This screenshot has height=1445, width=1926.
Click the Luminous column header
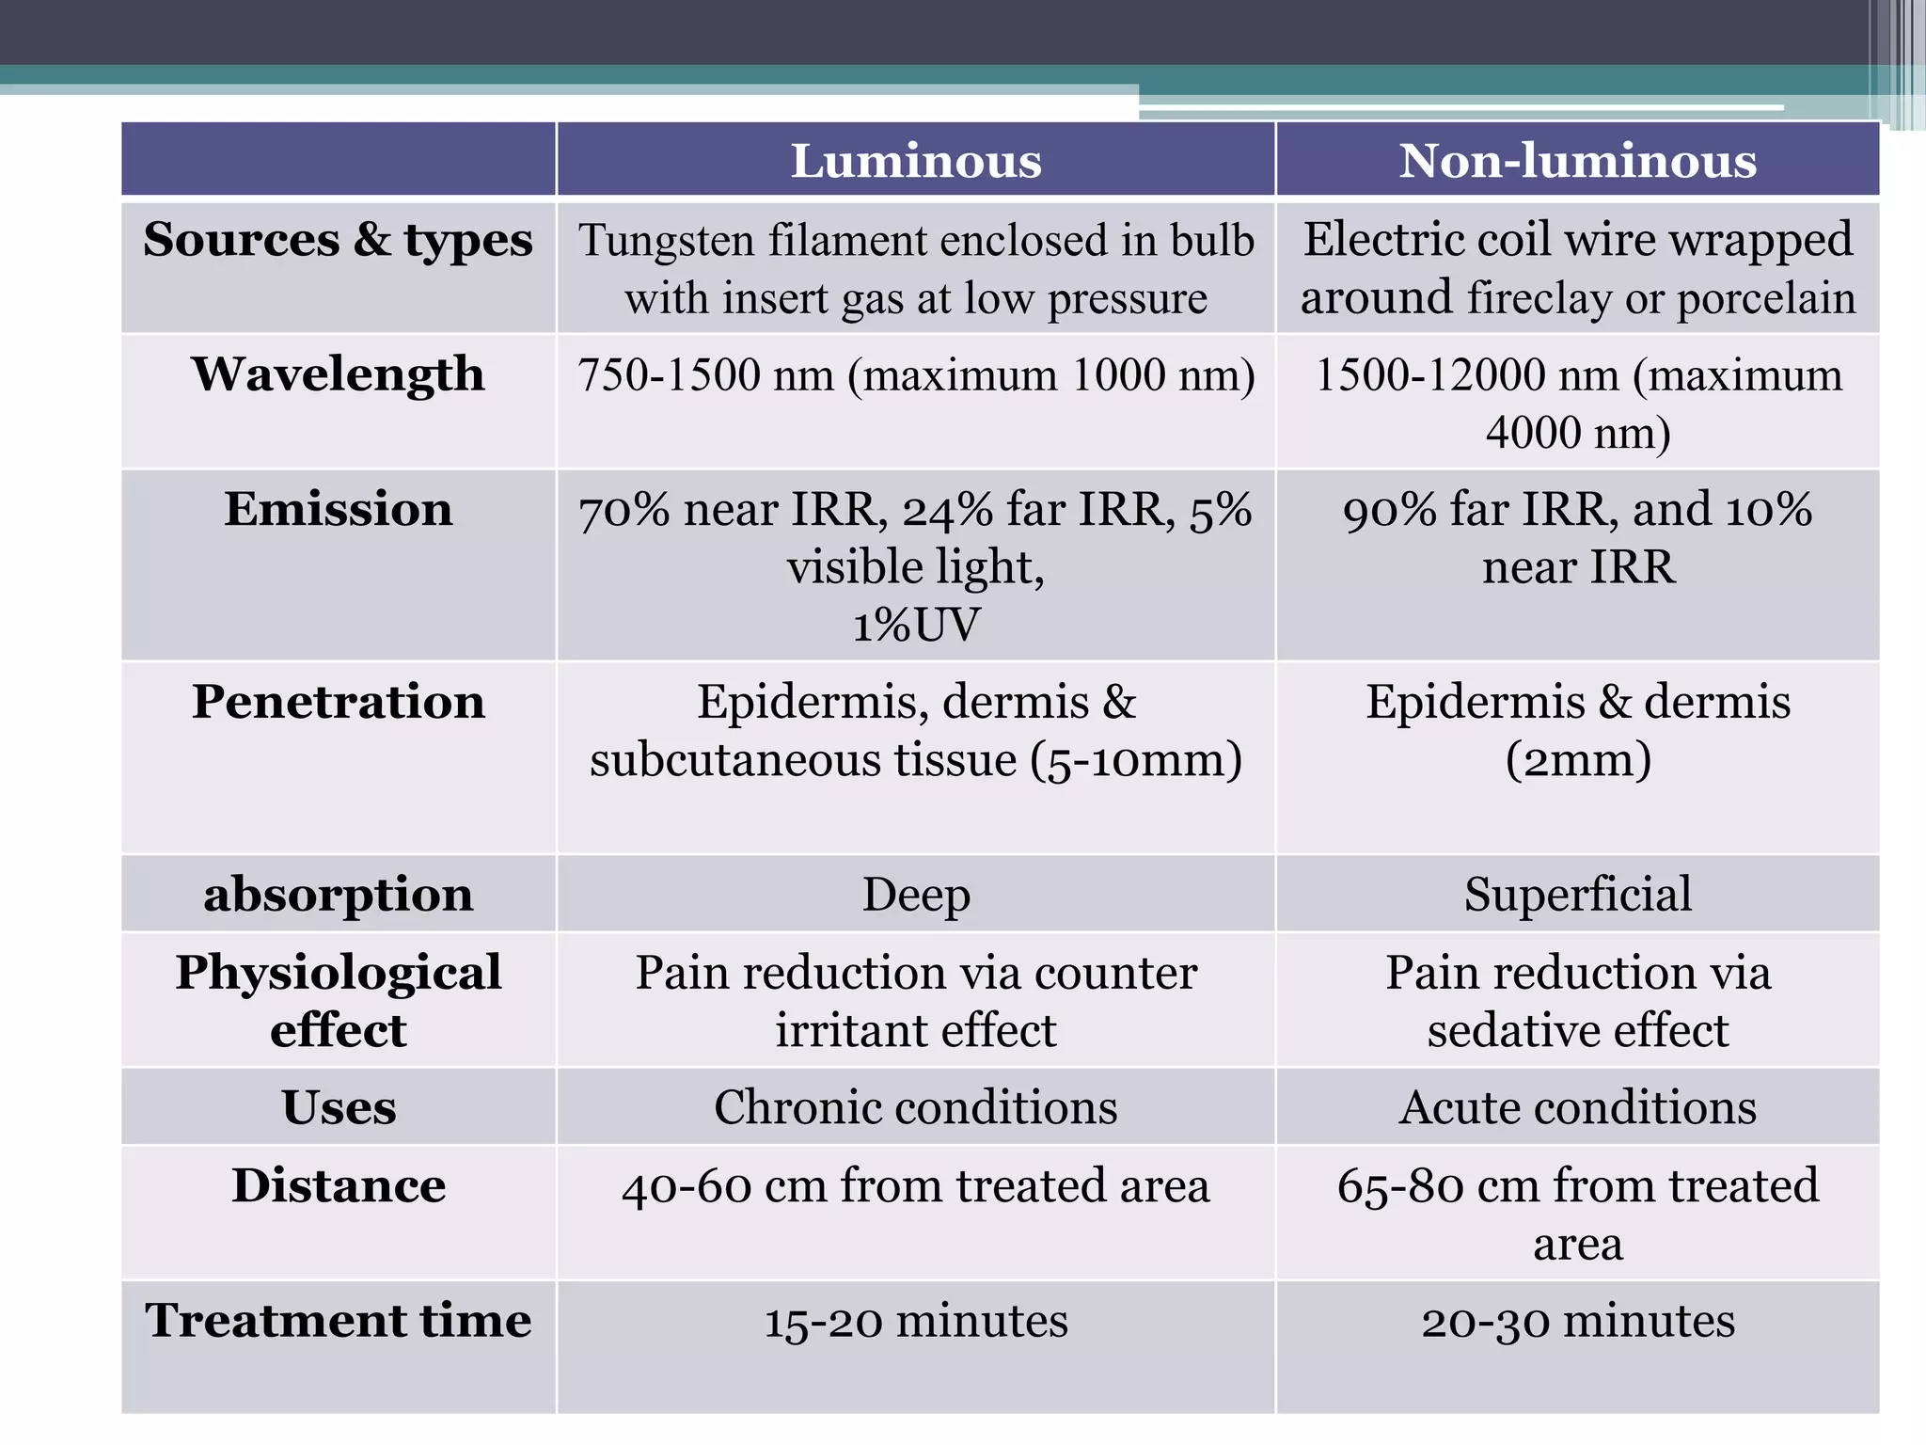click(x=916, y=161)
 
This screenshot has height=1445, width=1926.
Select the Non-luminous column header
click(x=1577, y=161)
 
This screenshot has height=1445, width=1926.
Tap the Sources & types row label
click(x=338, y=240)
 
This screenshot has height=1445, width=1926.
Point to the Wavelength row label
click(x=338, y=374)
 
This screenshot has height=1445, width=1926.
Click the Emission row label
click(x=338, y=509)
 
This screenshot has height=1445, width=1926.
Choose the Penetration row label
click(x=338, y=702)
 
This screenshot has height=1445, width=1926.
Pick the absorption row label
click(x=338, y=894)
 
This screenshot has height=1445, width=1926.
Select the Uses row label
click(x=338, y=1107)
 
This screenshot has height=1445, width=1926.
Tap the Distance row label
click(x=338, y=1185)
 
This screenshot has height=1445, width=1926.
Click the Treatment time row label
click(x=338, y=1320)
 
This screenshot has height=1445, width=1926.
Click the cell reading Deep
click(x=916, y=895)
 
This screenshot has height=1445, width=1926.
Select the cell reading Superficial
click(x=1577, y=894)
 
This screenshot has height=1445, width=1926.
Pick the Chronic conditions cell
click(x=916, y=1107)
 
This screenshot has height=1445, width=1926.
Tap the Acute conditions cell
click(x=1577, y=1107)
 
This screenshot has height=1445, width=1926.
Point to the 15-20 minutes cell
click(x=916, y=1321)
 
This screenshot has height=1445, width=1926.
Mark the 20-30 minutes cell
click(x=1577, y=1321)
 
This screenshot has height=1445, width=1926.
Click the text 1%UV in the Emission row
click(x=916, y=626)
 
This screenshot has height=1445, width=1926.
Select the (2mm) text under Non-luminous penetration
click(x=1577, y=760)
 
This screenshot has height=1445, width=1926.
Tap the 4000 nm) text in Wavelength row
click(x=1577, y=433)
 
